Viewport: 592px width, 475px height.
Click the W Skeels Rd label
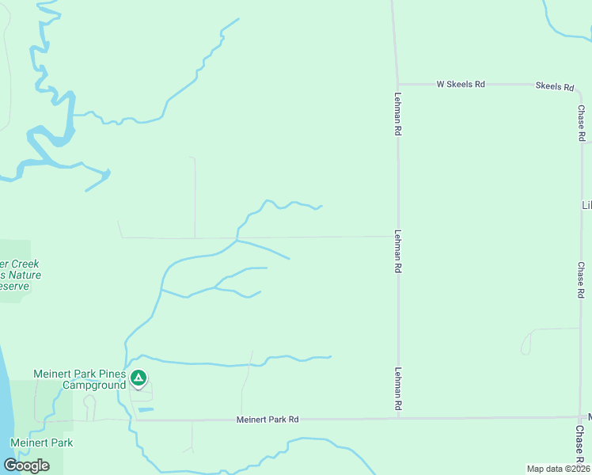[x=461, y=84]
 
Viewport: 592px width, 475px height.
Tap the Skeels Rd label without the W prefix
[x=554, y=85]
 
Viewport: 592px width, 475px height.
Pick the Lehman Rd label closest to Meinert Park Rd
[x=397, y=388]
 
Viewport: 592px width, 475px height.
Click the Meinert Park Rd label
[x=268, y=419]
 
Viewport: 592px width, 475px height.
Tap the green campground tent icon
[x=139, y=378]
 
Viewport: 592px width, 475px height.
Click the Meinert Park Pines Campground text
[x=79, y=379]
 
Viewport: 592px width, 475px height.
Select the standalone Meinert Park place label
[x=41, y=443]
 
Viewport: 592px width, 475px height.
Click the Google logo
[x=26, y=465]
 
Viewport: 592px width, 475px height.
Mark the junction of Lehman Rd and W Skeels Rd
[x=398, y=84]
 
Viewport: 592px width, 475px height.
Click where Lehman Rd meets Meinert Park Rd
[x=398, y=418]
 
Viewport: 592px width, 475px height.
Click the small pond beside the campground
[x=146, y=408]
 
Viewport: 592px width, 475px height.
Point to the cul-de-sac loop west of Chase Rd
[x=526, y=345]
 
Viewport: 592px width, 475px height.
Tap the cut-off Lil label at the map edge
[x=586, y=205]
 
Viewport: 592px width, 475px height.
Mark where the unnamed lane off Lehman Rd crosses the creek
[x=237, y=237]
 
